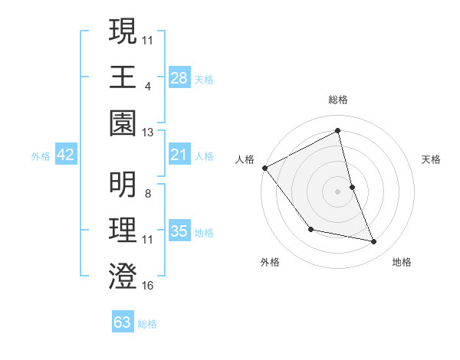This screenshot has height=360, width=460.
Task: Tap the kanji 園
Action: click(x=123, y=123)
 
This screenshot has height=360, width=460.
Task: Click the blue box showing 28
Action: click(x=179, y=77)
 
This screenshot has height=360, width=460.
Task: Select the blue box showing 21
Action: click(x=179, y=155)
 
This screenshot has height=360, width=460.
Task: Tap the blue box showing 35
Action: click(x=179, y=231)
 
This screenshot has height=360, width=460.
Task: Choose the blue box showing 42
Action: click(x=66, y=155)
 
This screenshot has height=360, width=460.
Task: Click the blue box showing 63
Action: click(x=123, y=322)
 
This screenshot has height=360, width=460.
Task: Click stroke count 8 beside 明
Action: click(x=148, y=194)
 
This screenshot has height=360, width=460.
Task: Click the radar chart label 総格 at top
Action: click(x=338, y=100)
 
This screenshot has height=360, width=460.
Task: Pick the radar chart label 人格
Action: click(x=245, y=159)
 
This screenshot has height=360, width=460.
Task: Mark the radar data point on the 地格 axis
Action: click(x=374, y=242)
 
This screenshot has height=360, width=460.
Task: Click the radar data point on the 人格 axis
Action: click(x=264, y=168)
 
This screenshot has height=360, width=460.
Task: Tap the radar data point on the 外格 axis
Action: click(x=310, y=229)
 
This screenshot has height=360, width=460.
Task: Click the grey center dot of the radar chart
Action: click(x=338, y=191)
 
